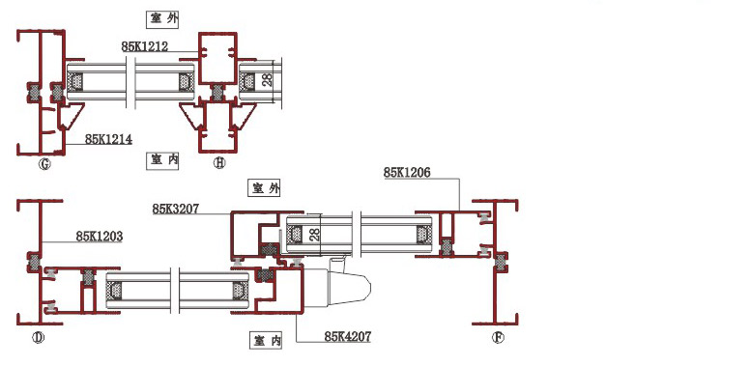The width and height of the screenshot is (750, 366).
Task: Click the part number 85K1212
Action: (144, 46)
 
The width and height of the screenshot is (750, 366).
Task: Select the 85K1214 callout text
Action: (108, 139)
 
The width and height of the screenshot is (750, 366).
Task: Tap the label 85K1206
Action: (407, 173)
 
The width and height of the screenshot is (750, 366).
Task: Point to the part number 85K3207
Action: (176, 209)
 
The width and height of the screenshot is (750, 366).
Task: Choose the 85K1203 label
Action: (100, 236)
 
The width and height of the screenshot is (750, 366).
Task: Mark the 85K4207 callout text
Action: (348, 336)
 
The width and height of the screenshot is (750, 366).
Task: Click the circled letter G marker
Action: (44, 165)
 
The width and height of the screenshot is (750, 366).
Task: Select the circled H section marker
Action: (219, 163)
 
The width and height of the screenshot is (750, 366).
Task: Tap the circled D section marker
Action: (38, 338)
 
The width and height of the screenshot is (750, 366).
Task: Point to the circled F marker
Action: (498, 338)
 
